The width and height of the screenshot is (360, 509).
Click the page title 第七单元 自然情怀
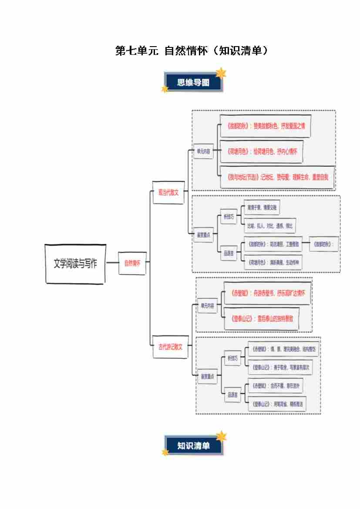pos(192,51)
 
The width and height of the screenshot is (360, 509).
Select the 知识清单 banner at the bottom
pos(194,446)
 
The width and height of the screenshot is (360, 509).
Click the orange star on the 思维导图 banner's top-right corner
pos(221,73)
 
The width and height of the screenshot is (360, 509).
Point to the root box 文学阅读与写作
pos(76,264)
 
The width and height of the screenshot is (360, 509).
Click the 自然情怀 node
pos(132,263)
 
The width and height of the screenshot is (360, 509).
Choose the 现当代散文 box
pos(168,192)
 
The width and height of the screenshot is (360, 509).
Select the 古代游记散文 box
pos(170,347)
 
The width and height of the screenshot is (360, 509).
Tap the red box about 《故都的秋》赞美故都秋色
pos(266,126)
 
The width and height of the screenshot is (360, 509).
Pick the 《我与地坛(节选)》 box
pos(277,177)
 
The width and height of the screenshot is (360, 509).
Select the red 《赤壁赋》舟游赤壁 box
pos(267,293)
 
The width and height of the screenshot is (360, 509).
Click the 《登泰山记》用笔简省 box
pos(277,404)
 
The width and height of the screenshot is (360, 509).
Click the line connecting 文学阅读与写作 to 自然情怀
pos(112,263)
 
